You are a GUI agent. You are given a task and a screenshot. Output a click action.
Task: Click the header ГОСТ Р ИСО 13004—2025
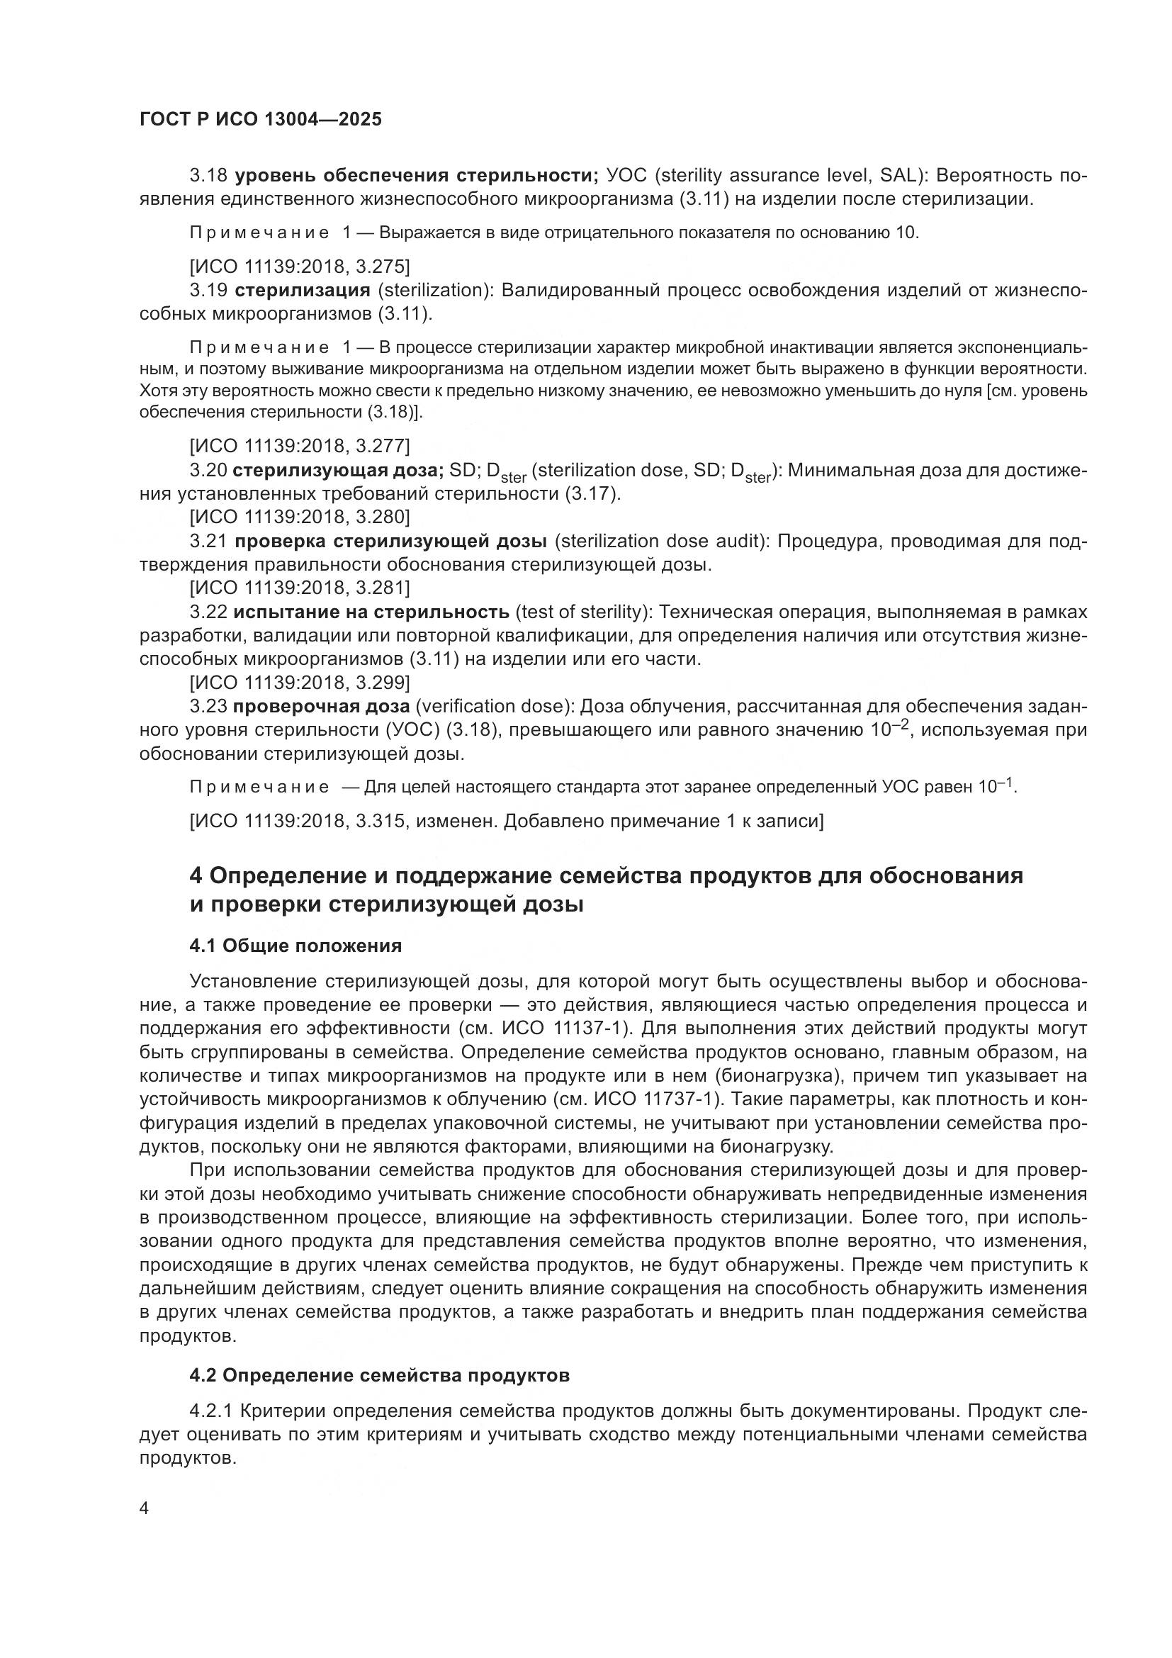coord(261,119)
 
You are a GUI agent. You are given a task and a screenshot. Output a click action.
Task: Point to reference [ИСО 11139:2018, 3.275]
coord(300,267)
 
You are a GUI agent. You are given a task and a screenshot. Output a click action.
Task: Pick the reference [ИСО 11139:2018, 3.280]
coord(300,517)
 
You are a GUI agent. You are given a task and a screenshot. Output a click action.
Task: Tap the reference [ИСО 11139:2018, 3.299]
coord(300,683)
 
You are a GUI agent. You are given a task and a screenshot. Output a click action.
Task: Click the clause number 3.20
coord(208,471)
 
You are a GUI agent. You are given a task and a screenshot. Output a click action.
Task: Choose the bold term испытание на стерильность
coord(371,612)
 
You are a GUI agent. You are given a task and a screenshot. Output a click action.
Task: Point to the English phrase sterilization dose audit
coord(660,542)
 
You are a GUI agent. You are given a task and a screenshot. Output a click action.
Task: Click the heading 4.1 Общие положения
coord(296,946)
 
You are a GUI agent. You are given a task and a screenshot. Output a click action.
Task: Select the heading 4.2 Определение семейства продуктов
coord(380,1376)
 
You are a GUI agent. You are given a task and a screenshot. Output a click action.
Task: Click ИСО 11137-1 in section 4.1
coord(572,1029)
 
